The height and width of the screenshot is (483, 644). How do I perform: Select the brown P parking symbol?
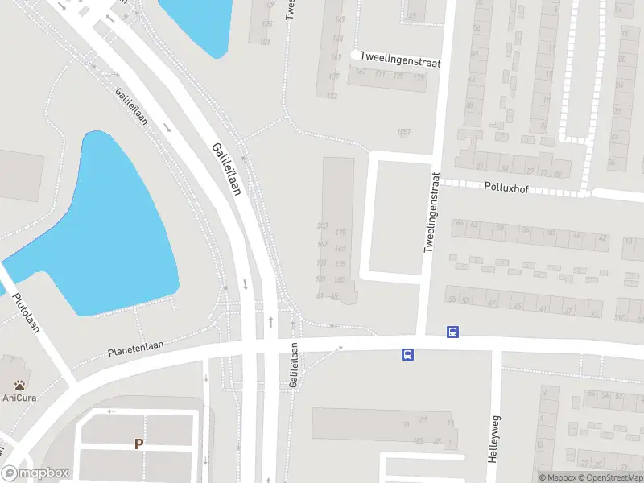click(x=138, y=444)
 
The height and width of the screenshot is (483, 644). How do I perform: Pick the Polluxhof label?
click(x=506, y=186)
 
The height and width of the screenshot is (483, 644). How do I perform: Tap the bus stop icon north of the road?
click(x=452, y=332)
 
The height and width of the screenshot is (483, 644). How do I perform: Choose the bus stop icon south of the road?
click(x=408, y=353)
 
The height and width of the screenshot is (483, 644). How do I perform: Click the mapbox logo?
click(x=36, y=473)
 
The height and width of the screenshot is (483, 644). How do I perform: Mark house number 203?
click(x=323, y=225)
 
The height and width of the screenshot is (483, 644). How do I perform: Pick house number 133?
click(x=332, y=97)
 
